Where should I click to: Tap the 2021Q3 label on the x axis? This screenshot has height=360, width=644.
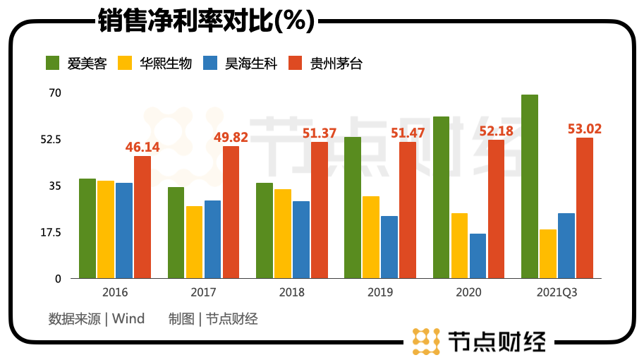point(557,292)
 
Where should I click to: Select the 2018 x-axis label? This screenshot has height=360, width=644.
point(291,292)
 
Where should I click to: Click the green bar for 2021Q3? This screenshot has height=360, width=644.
point(530,186)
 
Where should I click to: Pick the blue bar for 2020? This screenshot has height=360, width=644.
point(478,256)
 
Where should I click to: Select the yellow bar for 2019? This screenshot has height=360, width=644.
point(371,237)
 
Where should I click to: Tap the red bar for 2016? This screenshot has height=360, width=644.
point(142,217)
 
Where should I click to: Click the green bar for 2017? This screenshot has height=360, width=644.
point(176,232)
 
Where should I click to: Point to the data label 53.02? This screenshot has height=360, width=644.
point(585,128)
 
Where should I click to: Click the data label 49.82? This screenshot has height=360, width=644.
point(231,137)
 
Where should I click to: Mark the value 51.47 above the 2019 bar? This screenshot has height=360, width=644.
point(408,133)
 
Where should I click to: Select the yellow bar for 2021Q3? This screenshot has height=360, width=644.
point(548,253)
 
